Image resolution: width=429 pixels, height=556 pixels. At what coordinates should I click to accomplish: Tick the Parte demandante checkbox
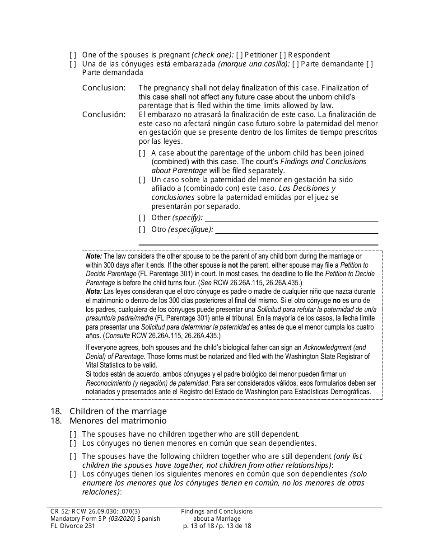coord(295,64)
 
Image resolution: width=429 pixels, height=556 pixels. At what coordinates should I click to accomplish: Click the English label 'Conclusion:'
coord(104,88)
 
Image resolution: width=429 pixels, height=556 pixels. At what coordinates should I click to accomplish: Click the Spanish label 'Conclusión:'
coord(104,114)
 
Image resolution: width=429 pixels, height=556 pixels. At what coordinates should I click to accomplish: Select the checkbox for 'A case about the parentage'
coord(142,153)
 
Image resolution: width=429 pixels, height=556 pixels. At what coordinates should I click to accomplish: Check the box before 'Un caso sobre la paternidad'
coord(142,180)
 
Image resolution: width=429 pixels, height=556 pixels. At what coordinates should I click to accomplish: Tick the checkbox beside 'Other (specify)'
coord(142,218)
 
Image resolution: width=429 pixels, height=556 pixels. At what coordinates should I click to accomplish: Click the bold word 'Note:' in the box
coord(94,256)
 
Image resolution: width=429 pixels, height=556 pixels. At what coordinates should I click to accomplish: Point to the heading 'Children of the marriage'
coord(118,411)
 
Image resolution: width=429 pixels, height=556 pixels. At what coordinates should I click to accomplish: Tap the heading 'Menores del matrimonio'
coord(118,420)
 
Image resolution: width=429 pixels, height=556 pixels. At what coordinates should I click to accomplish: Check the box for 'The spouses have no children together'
coord(73,434)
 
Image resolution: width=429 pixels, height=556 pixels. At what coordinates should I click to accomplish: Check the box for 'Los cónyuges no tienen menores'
coord(73,443)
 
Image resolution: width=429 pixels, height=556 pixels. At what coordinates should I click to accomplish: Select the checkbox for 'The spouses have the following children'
coord(73,457)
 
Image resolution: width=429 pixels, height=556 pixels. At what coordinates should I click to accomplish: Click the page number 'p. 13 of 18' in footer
coord(199,526)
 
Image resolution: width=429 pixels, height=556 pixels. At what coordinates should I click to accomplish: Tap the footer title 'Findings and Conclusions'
coord(217,511)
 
